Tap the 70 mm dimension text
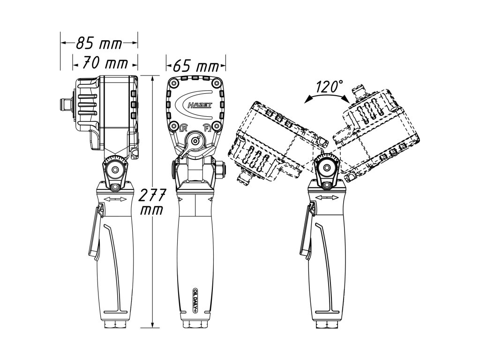pyautogui.click(x=105, y=62)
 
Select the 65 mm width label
pyautogui.click(x=196, y=66)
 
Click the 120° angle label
pyautogui.click(x=329, y=87)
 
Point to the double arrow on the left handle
pyautogui.click(x=115, y=200)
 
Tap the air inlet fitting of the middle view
pyautogui.click(x=195, y=325)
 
